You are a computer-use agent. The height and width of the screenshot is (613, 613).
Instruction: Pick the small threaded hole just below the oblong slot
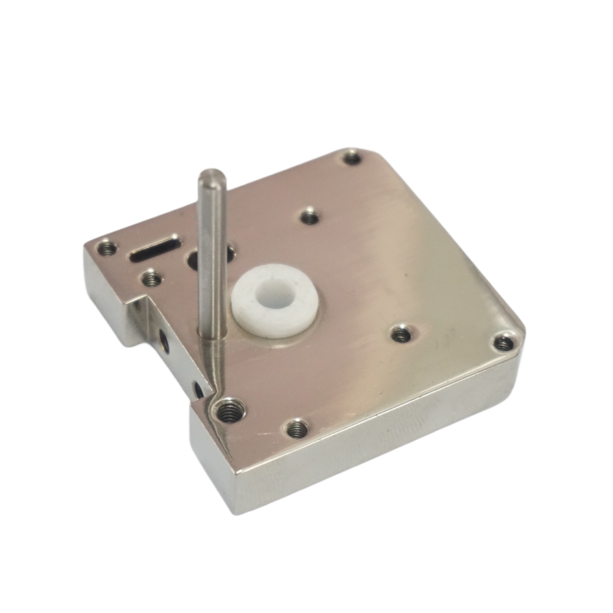pyautogui.click(x=150, y=279)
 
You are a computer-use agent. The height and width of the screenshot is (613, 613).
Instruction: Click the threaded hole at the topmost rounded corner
pyautogui.click(x=352, y=158)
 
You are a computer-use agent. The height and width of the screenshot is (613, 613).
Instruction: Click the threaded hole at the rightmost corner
pyautogui.click(x=504, y=342)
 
